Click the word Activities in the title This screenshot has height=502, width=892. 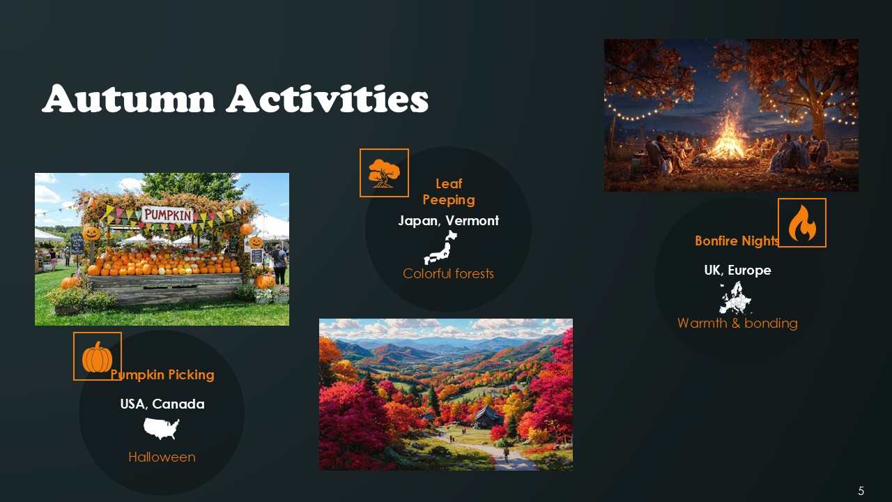pos(327,99)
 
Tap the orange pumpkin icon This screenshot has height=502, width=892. pos(98,357)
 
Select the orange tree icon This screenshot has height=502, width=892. pos(384,173)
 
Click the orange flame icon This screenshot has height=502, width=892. pos(801,223)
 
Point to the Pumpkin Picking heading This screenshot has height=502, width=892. pos(162,375)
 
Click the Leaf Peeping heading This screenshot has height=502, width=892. pos(449,192)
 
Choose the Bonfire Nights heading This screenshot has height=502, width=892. pos(736,241)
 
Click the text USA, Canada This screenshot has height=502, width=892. pos(162,404)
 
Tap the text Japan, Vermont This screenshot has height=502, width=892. pos(449,221)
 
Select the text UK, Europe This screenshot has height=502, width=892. pos(737,271)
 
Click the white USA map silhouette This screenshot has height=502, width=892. pos(162,429)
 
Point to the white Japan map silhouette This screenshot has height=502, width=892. pos(440,248)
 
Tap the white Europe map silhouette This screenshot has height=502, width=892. pos(736,298)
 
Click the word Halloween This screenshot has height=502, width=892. pos(162,457)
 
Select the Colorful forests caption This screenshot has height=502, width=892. pos(448,274)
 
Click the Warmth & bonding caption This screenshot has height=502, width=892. pos(737,324)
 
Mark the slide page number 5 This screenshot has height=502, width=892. pos(861,491)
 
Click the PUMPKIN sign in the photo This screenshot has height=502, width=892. pos(167,215)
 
